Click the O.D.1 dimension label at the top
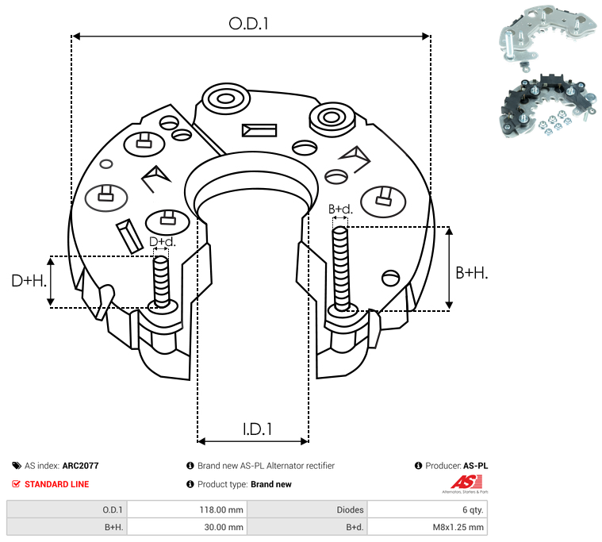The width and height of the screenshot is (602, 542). [248, 24]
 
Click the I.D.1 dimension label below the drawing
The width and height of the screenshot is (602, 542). [257, 429]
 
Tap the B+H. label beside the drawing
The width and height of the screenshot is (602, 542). [471, 273]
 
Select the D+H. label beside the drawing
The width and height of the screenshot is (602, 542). [29, 281]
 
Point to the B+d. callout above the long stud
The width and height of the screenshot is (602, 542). [340, 209]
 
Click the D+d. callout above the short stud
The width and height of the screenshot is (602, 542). [162, 241]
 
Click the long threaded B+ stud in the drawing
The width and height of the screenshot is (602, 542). [341, 268]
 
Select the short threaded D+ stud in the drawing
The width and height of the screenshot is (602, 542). [161, 282]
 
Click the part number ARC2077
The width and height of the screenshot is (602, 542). [81, 466]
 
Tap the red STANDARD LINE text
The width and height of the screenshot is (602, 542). [57, 484]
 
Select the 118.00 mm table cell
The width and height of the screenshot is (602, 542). [187, 509]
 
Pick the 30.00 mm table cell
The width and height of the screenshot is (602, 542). [187, 527]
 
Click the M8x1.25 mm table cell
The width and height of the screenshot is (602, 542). [428, 527]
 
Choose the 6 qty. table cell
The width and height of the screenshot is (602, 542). [428, 509]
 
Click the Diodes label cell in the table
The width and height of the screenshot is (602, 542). [307, 509]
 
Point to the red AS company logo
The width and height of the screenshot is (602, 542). [466, 482]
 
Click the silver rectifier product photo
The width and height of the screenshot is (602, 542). [547, 37]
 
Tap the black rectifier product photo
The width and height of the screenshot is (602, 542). [548, 106]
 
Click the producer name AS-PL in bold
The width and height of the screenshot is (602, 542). [475, 466]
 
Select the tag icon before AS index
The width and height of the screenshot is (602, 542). [17, 466]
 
